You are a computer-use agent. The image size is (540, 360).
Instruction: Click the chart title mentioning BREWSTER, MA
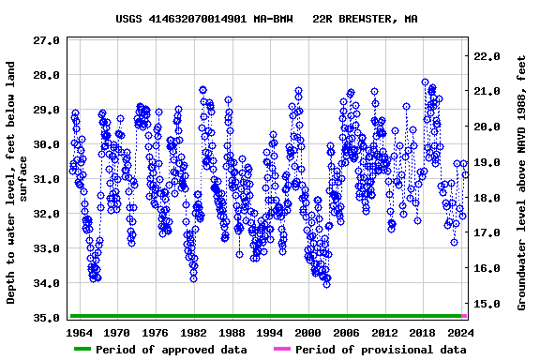coord(266,18)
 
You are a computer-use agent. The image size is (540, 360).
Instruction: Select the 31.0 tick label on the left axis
coord(46,179)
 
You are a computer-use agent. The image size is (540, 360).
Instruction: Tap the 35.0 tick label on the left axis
coord(46,318)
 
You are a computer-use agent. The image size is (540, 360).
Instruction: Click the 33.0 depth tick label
coord(46,248)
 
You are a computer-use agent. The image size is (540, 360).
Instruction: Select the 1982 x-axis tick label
coord(193,333)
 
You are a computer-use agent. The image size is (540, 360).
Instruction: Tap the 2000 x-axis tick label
coord(308,333)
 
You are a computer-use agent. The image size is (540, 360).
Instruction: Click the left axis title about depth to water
coord(18,183)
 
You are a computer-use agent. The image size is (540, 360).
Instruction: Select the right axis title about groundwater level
coord(521,183)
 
